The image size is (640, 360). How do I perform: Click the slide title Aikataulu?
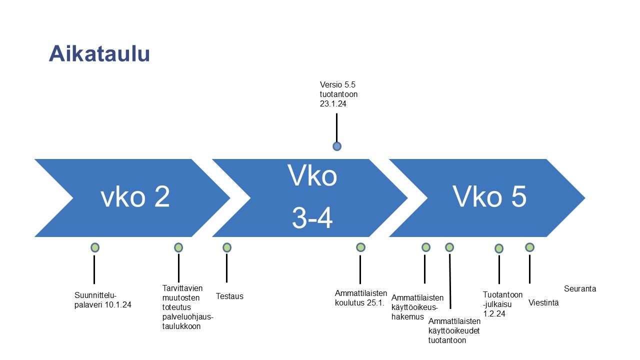click(x=99, y=53)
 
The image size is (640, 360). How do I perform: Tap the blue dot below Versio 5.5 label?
click(x=337, y=146)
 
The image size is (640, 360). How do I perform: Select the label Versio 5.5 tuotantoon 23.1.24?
click(x=338, y=94)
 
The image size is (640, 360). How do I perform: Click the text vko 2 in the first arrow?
click(x=135, y=196)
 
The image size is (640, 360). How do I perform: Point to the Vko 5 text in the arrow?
click(x=489, y=196)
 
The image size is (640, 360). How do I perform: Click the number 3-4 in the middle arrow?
click(x=312, y=218)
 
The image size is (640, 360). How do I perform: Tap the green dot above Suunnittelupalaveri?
click(x=95, y=247)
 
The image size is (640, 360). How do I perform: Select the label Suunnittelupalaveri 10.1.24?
click(x=103, y=299)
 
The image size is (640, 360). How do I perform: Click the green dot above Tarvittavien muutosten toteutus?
click(x=178, y=247)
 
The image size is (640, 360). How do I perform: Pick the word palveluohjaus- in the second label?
click(x=187, y=316)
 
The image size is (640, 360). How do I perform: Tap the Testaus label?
click(x=229, y=296)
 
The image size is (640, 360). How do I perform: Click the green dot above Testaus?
click(x=227, y=247)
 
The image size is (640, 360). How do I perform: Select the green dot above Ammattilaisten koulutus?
click(x=360, y=247)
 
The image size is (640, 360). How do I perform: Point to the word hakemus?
click(x=407, y=317)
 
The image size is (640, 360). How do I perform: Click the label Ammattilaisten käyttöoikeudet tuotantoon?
click(x=454, y=330)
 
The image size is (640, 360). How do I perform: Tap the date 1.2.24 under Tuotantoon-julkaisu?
click(x=494, y=313)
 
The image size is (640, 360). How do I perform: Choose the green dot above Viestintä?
click(x=529, y=247)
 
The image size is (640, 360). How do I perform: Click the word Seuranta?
click(x=580, y=288)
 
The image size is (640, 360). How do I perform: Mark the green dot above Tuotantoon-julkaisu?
click(x=499, y=248)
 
